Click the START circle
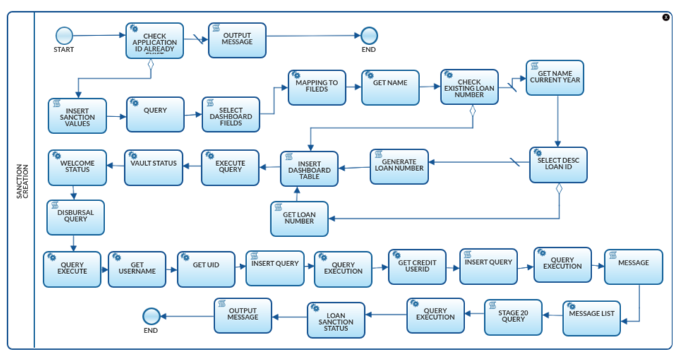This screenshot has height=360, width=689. [x=64, y=35]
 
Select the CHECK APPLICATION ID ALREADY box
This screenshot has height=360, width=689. [x=155, y=40]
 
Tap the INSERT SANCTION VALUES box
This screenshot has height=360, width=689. [x=77, y=116]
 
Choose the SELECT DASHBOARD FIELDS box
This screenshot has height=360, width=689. [x=231, y=114]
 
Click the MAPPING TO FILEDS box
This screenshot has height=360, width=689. [x=316, y=88]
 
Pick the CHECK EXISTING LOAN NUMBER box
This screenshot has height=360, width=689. [x=469, y=87]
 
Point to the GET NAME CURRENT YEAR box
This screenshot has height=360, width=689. [x=554, y=78]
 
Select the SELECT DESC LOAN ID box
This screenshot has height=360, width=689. [x=558, y=164]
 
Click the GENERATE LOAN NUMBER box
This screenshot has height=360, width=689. [x=399, y=167]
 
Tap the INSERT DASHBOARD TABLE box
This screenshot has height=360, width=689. [x=309, y=169]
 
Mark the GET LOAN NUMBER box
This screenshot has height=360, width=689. [x=300, y=219]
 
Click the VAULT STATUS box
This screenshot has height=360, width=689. [x=153, y=167]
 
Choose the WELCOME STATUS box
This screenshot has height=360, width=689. [x=77, y=167]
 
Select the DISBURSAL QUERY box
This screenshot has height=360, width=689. [x=76, y=217]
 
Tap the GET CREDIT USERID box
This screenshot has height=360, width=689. [x=417, y=267]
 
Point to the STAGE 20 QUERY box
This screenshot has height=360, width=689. [x=513, y=317]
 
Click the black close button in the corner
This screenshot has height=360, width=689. [x=666, y=17]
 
